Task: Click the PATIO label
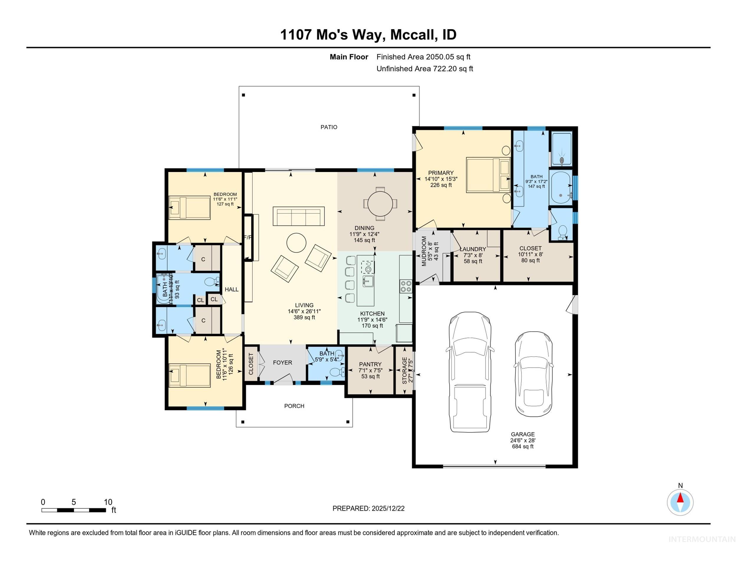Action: pyautogui.click(x=329, y=127)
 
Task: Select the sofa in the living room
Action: pyautogui.click(x=298, y=216)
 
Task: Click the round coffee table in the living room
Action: pyautogui.click(x=296, y=243)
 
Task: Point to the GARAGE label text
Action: pyautogui.click(x=522, y=434)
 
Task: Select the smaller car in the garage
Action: pyautogui.click(x=534, y=374)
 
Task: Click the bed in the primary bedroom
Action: pyautogui.click(x=488, y=175)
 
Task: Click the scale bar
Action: pyautogui.click(x=74, y=510)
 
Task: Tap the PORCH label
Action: pyautogui.click(x=294, y=406)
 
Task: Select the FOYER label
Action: pyautogui.click(x=282, y=362)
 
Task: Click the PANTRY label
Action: pyautogui.click(x=370, y=364)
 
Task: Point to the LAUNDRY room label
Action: pyautogui.click(x=473, y=249)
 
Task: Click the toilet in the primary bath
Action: pyautogui.click(x=562, y=232)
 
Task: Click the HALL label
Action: pyautogui.click(x=231, y=289)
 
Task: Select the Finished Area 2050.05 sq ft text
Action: pyautogui.click(x=423, y=57)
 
